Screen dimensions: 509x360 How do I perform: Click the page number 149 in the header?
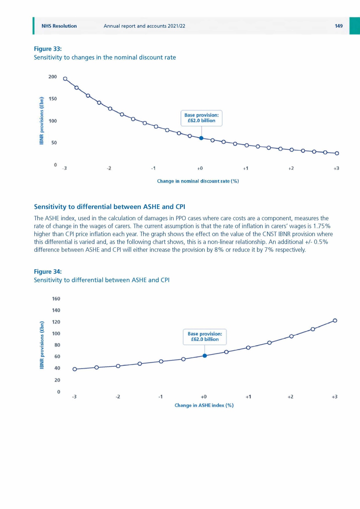pos(339,26)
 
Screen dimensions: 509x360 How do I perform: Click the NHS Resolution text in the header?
pos(59,26)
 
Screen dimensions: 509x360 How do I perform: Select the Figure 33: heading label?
pos(48,49)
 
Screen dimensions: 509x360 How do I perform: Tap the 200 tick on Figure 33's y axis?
pos(53,77)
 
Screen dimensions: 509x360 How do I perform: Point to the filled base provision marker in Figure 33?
pos(201,138)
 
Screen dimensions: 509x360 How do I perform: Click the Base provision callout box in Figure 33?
pos(201,118)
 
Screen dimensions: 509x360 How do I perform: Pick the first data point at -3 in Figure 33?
pos(65,79)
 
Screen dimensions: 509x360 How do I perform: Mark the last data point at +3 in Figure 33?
pos(337,153)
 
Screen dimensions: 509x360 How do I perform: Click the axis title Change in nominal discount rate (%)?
pos(198,181)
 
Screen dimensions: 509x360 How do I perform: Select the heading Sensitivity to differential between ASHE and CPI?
pos(109,207)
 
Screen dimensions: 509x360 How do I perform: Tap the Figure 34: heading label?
pos(48,271)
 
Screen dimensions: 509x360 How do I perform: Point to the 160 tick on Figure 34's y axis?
pos(56,299)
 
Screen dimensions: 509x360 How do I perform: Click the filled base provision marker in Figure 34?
pos(205,356)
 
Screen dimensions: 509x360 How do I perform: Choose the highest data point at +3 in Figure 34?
pos(335,320)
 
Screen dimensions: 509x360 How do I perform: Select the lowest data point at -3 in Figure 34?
pos(75,369)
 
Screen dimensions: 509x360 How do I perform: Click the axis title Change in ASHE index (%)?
pos(204,405)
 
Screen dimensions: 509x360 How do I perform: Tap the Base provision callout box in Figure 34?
pos(205,337)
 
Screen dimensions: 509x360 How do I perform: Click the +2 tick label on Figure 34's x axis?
pos(290,397)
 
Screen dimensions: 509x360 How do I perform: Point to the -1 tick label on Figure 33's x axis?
pos(153,169)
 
